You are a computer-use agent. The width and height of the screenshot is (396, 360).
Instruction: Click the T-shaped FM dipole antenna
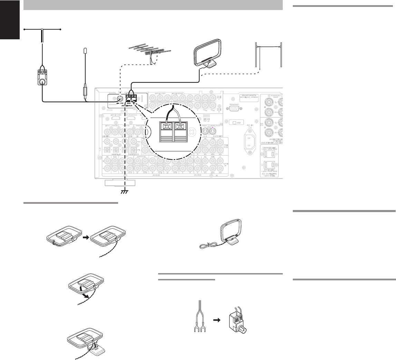42,30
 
